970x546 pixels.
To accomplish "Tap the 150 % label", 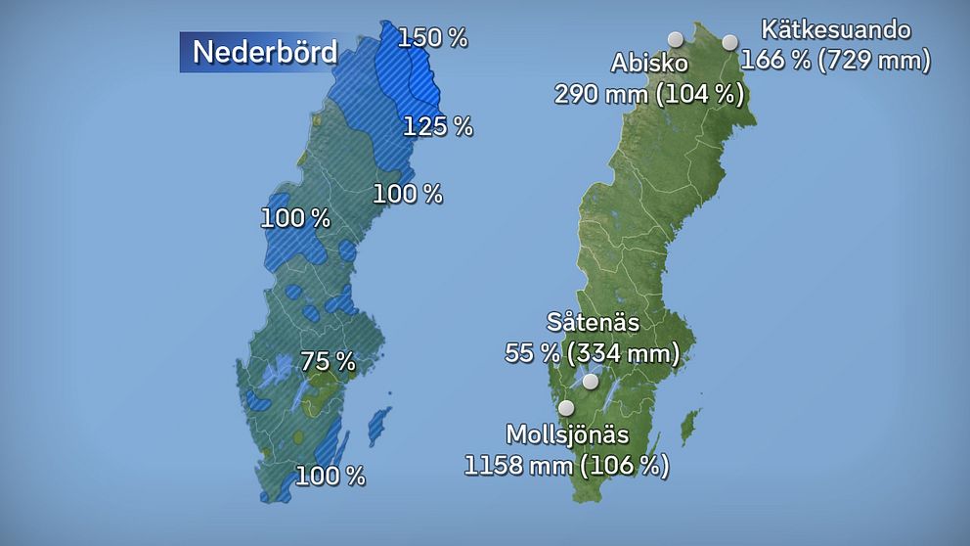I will click(433, 38).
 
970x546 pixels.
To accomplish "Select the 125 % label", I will click(438, 125).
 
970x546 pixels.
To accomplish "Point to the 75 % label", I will click(328, 361).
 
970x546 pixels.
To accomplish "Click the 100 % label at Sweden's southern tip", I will click(331, 477).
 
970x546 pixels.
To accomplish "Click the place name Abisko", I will click(649, 64).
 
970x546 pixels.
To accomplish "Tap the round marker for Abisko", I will click(675, 40).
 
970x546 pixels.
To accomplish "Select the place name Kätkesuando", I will click(836, 30).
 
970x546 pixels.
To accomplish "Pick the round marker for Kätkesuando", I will click(729, 42).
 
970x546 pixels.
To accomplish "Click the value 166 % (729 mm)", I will click(835, 60).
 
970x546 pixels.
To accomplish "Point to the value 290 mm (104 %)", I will click(649, 94).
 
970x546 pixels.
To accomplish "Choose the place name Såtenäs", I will click(593, 322).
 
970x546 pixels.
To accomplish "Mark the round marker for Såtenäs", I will click(591, 382).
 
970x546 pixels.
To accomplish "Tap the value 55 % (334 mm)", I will click(592, 352).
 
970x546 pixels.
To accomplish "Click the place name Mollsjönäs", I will click(567, 434).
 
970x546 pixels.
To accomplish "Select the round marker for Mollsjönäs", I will click(565, 407).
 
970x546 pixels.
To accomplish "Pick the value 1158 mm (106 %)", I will click(567, 465).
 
